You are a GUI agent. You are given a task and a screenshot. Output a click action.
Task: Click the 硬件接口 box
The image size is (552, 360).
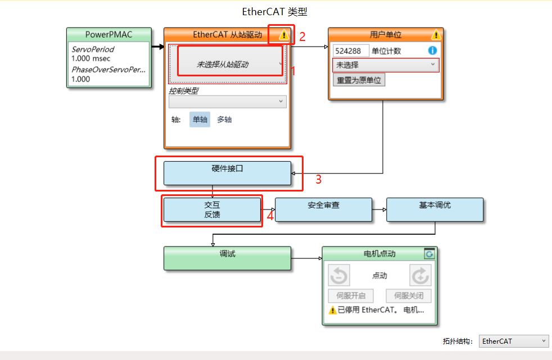pos(227,173)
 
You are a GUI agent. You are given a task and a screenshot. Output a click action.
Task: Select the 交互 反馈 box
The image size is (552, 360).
pos(212,210)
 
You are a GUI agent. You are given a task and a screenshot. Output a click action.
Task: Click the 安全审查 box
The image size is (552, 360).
pos(323,209)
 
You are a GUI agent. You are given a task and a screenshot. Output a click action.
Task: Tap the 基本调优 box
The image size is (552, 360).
pos(435,209)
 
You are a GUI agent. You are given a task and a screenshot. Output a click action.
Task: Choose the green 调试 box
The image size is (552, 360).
pos(227,258)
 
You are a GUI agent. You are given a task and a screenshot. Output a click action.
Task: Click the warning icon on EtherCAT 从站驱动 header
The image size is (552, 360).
pos(284,35)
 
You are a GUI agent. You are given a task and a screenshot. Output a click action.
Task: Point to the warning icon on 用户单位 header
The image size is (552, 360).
pos(436,35)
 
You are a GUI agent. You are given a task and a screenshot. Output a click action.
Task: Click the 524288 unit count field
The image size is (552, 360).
pos(350,51)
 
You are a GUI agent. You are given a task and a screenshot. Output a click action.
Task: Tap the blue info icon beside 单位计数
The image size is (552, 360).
pos(432,51)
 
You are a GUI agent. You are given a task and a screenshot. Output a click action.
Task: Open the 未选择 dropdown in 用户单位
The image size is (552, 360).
pos(385,65)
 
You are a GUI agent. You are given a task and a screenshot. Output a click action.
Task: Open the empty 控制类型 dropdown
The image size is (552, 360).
pos(227,102)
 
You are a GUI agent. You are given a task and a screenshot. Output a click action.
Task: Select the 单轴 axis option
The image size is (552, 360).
pos(200,119)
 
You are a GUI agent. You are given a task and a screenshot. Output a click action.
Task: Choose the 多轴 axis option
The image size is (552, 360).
pos(224,119)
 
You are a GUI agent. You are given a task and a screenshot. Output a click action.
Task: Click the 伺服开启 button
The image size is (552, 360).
pos(350,296)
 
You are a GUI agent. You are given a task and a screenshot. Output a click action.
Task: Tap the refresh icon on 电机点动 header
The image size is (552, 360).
pos(429,254)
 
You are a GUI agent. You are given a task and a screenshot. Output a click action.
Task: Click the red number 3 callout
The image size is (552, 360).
pos(318,180)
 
